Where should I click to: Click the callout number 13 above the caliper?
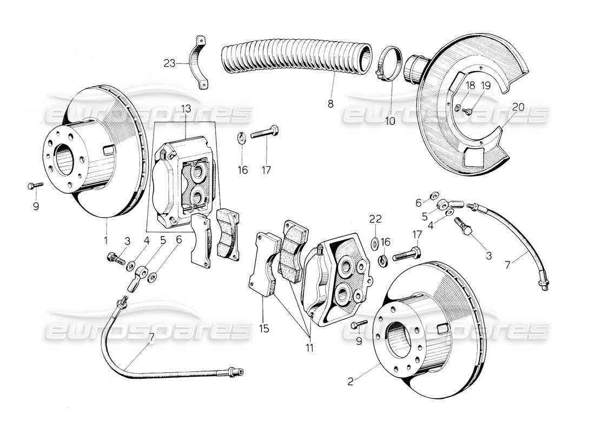click(186, 110)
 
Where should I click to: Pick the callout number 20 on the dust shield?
click(518, 107)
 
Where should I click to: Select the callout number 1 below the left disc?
click(106, 239)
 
